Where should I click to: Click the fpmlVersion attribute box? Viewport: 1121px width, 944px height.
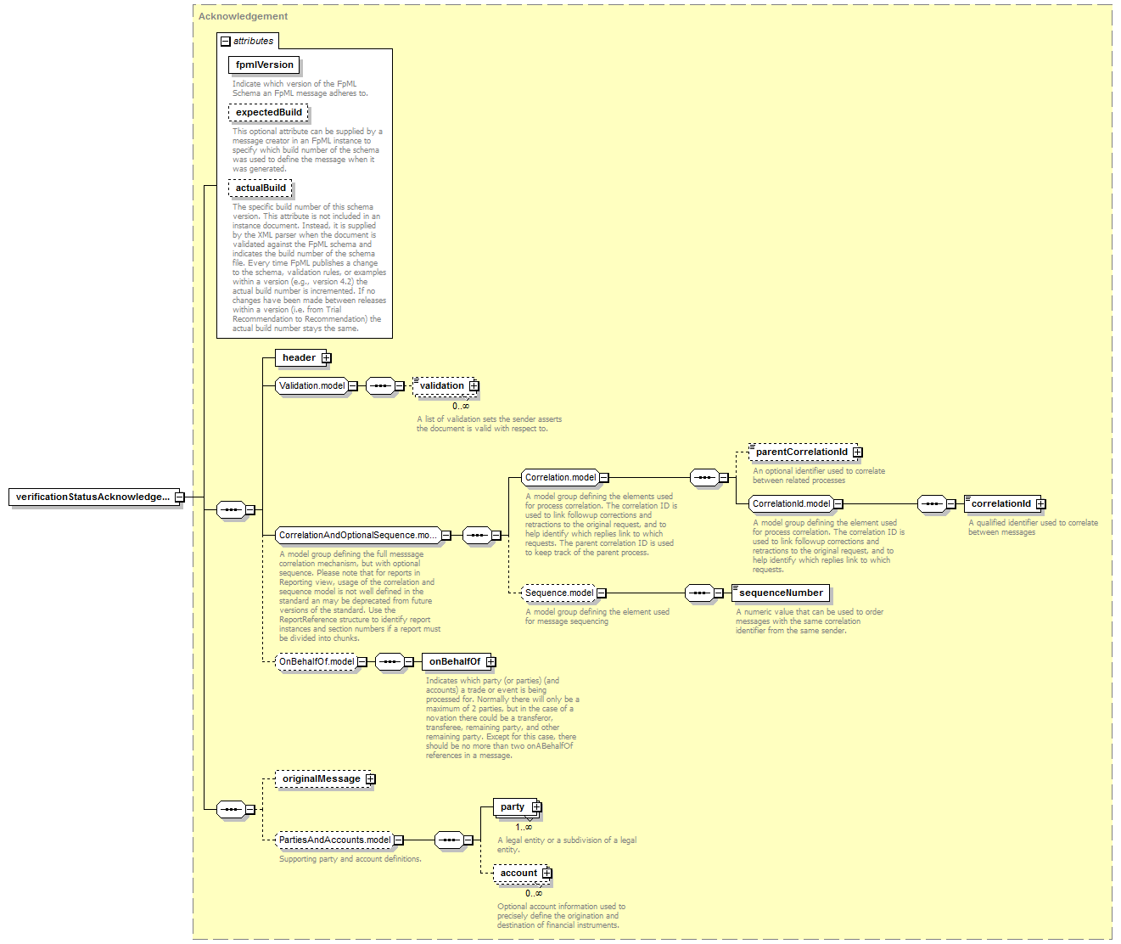(264, 65)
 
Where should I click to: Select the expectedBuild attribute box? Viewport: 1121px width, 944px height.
(268, 112)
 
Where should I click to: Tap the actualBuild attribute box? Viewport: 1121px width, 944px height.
(261, 188)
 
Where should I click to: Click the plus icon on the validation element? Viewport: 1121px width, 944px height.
(474, 386)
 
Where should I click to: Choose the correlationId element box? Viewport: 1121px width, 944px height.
(1005, 503)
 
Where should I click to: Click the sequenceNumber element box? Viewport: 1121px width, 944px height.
(781, 593)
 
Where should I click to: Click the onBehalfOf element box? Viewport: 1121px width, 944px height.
(458, 661)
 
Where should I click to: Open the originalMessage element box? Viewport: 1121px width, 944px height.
(325, 778)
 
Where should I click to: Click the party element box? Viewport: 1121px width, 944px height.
(518, 807)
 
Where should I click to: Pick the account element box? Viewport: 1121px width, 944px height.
(523, 874)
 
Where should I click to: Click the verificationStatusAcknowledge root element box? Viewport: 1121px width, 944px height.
(96, 497)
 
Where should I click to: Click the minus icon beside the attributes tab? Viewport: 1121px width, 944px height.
(226, 42)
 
